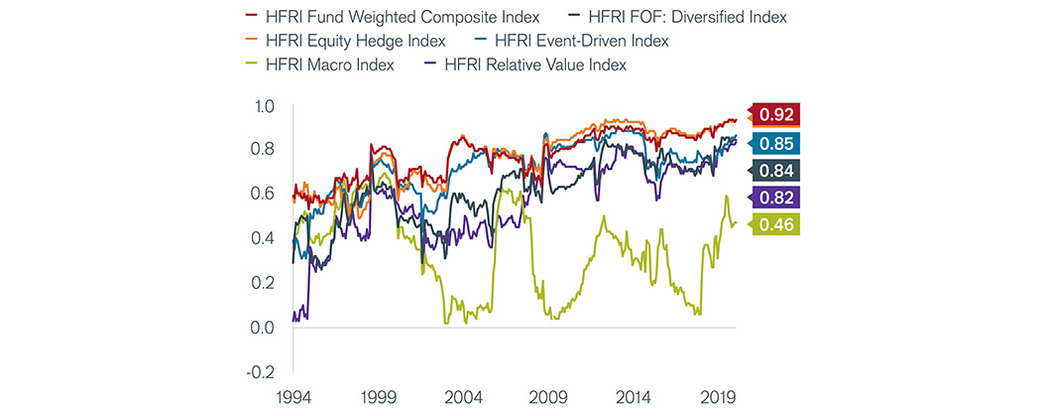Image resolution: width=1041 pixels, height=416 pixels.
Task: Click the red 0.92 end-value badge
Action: [x=775, y=114]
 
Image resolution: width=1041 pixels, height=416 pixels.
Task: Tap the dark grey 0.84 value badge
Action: [x=775, y=170]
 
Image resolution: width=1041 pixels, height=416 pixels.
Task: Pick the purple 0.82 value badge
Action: [x=775, y=197]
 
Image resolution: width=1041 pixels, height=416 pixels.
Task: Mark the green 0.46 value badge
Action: [x=775, y=224]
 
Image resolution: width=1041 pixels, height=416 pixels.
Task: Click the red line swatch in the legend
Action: [x=252, y=17]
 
